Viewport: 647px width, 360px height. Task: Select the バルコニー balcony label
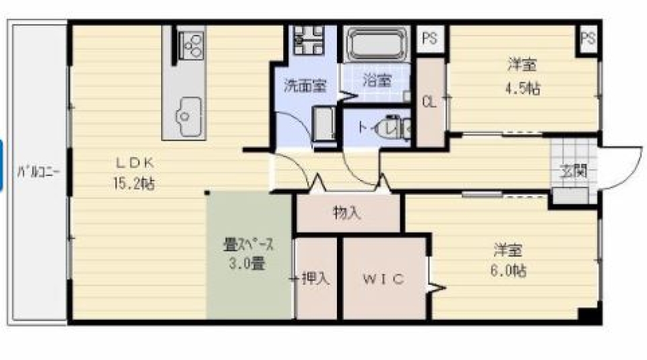pos(39,171)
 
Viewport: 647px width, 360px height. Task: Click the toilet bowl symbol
pos(390,127)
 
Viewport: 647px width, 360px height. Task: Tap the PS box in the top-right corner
pos(588,38)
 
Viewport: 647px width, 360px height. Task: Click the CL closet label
pos(429,102)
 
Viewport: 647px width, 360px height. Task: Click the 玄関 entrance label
pos(572,171)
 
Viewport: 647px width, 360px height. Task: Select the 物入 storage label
pos(348,214)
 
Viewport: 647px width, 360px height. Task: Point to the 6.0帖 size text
pos(510,271)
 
